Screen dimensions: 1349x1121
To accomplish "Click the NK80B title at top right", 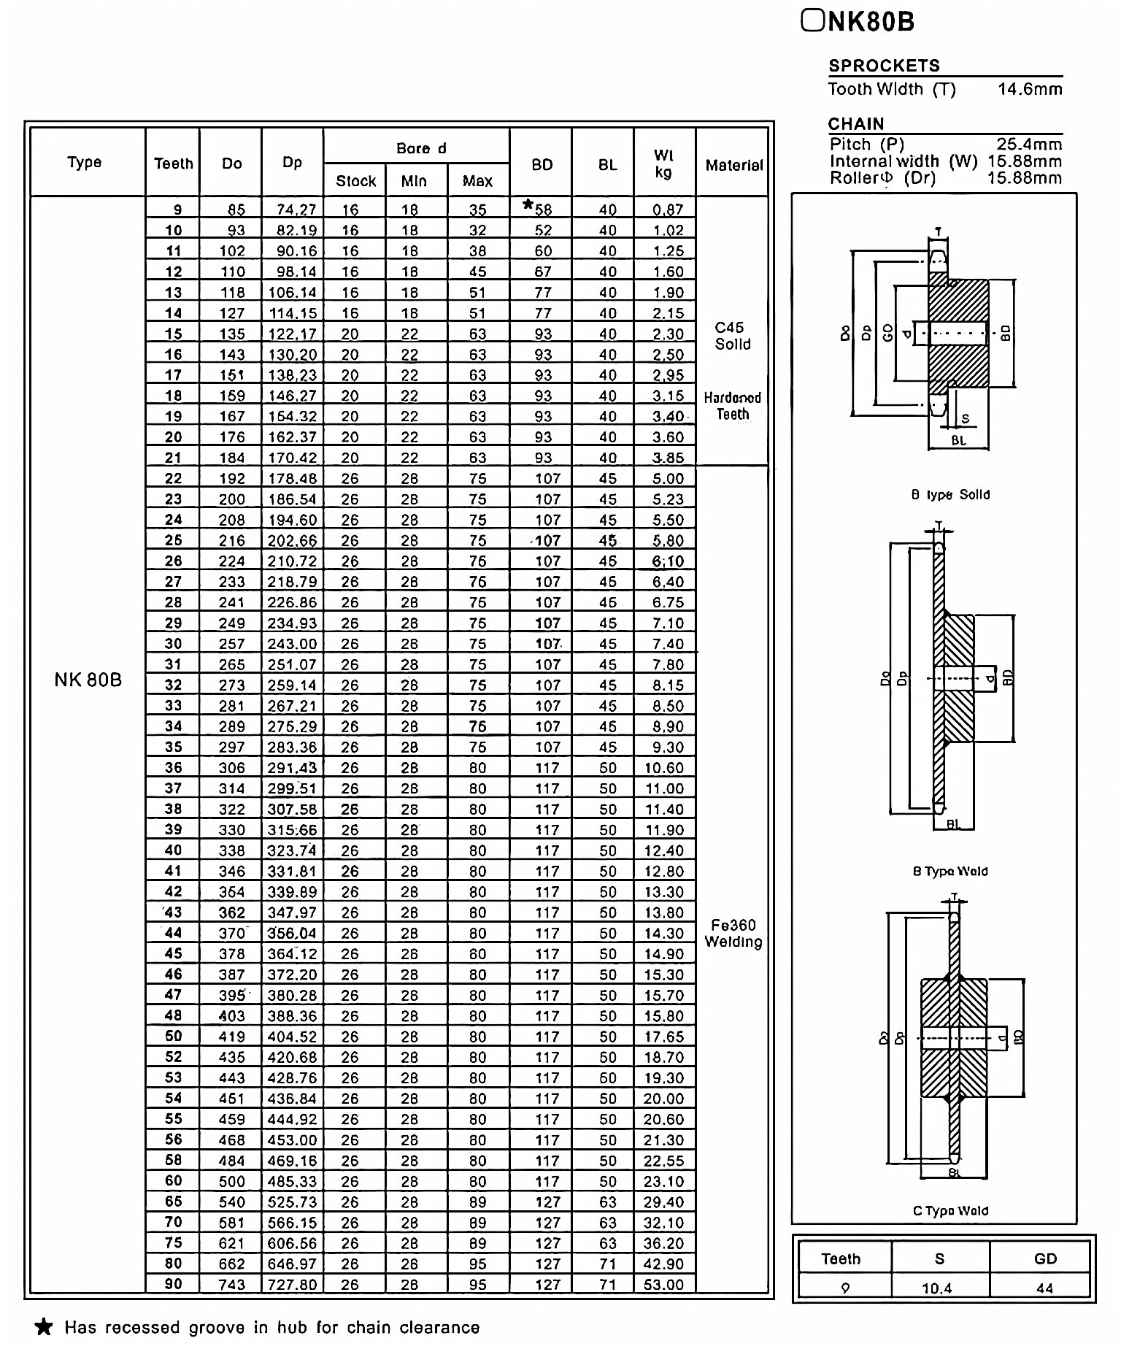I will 858,22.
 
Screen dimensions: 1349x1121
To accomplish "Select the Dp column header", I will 292,163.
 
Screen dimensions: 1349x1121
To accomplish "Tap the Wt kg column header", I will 663,164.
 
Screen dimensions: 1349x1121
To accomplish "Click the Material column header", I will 733,166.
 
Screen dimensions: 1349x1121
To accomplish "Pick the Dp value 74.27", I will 296,210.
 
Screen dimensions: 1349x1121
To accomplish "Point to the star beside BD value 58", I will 528,205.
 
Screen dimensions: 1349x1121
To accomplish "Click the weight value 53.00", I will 663,1285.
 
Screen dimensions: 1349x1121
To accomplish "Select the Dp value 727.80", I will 293,1285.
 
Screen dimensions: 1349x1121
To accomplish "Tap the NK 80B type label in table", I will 88,680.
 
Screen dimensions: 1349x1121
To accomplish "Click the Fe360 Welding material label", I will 733,934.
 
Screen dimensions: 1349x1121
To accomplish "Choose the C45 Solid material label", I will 732,336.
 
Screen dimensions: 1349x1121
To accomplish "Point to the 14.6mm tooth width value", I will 1030,90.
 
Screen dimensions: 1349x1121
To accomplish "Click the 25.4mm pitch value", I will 1029,145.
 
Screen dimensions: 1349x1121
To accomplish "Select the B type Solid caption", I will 950,495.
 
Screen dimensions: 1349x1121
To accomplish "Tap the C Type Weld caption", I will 950,1211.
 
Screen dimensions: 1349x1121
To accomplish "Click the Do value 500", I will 232,1182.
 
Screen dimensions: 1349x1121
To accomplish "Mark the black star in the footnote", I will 44,1327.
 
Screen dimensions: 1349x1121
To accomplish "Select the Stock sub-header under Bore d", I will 355,181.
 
